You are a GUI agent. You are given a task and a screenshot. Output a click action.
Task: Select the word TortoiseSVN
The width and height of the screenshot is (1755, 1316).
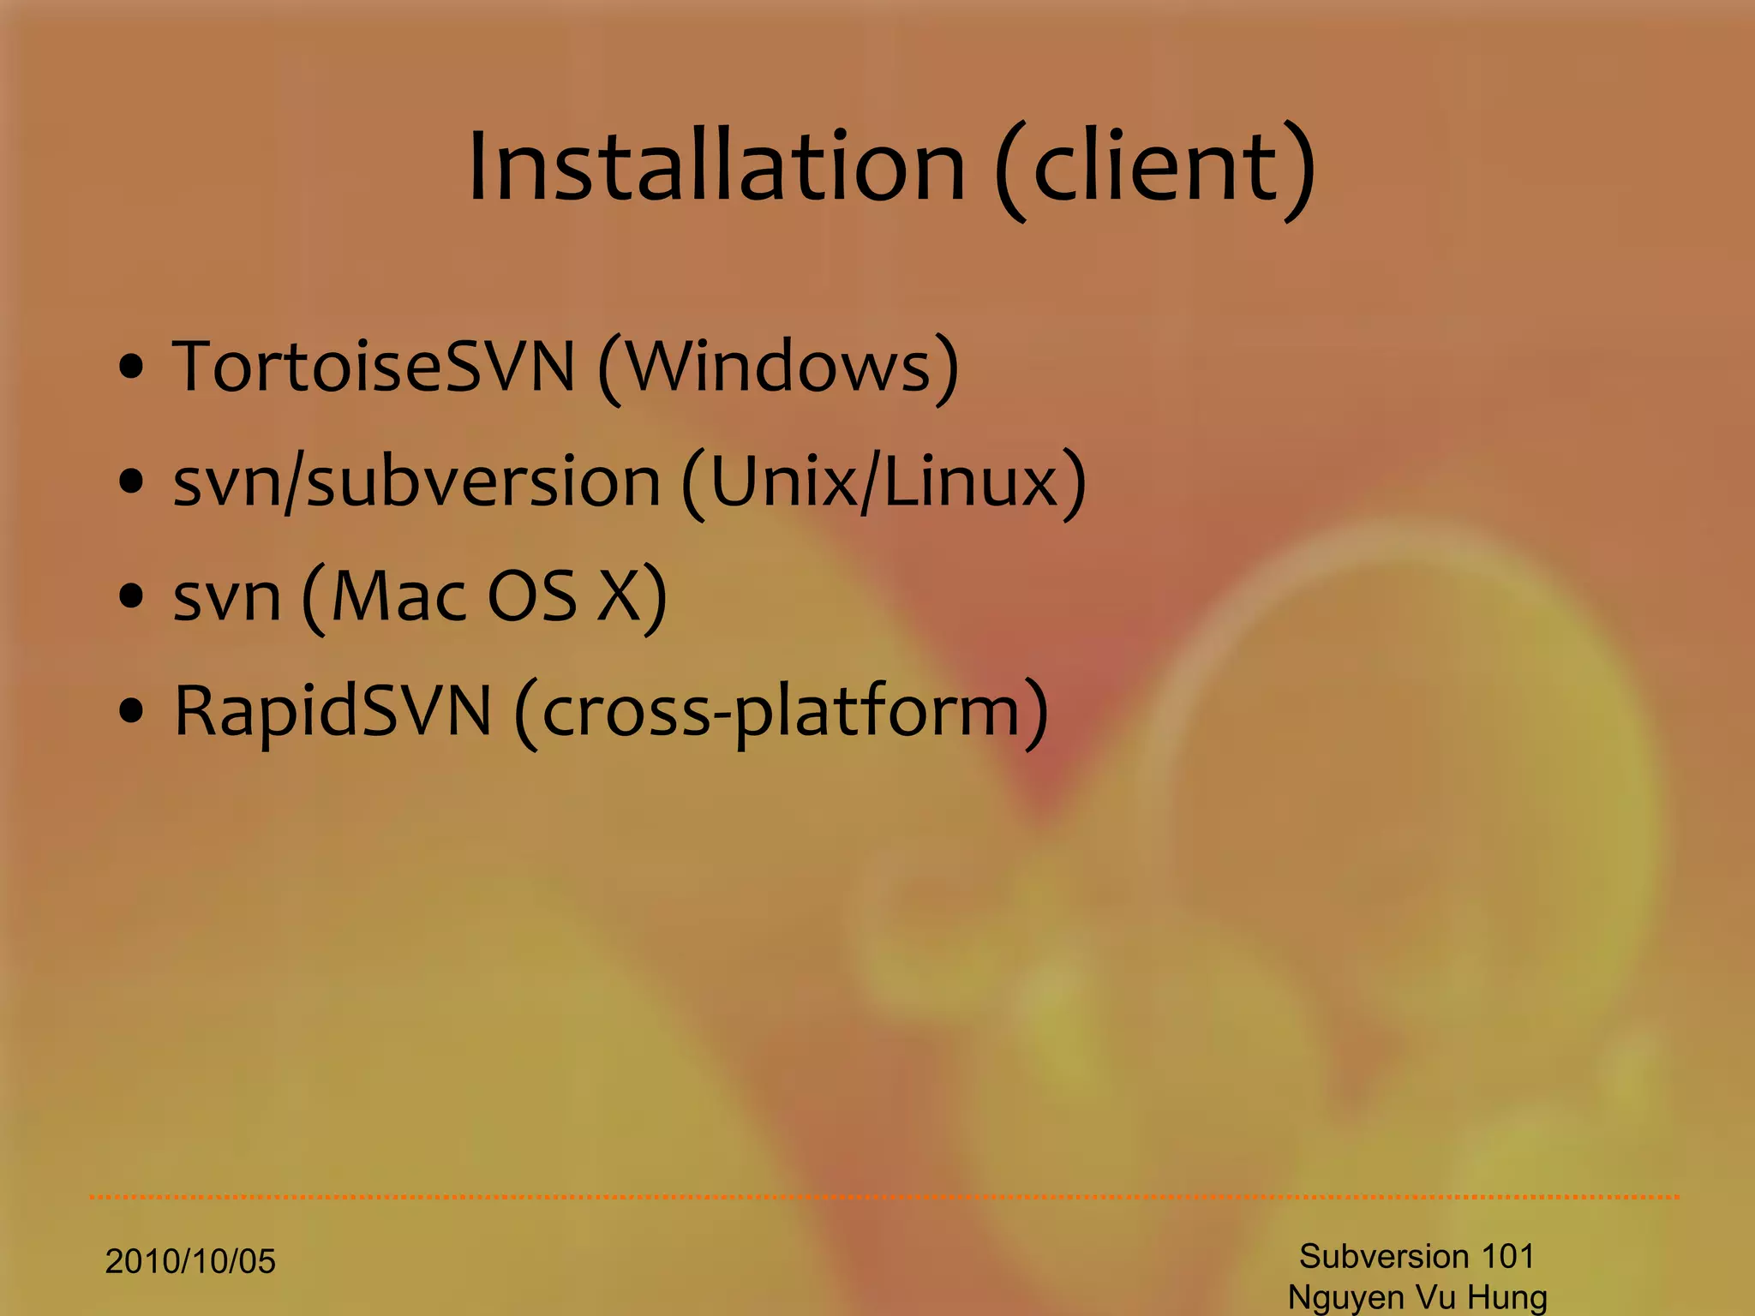point(374,367)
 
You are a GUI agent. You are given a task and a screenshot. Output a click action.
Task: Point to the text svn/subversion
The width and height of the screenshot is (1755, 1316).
point(416,482)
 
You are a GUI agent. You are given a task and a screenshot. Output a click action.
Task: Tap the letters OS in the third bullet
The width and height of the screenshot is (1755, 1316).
point(532,596)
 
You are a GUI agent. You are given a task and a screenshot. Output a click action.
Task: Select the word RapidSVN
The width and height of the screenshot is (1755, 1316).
point(332,711)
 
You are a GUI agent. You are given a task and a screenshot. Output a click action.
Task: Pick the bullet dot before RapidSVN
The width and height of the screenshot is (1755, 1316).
point(131,712)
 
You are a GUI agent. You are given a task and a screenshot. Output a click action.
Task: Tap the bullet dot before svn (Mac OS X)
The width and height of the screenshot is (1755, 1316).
point(131,598)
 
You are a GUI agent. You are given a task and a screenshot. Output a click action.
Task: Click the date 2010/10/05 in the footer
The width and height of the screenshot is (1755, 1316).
point(190,1262)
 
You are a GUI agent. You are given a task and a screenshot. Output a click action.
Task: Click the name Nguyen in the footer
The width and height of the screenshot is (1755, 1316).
point(1346,1298)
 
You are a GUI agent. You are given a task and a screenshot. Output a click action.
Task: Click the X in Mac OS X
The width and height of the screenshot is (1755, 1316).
point(619,596)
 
